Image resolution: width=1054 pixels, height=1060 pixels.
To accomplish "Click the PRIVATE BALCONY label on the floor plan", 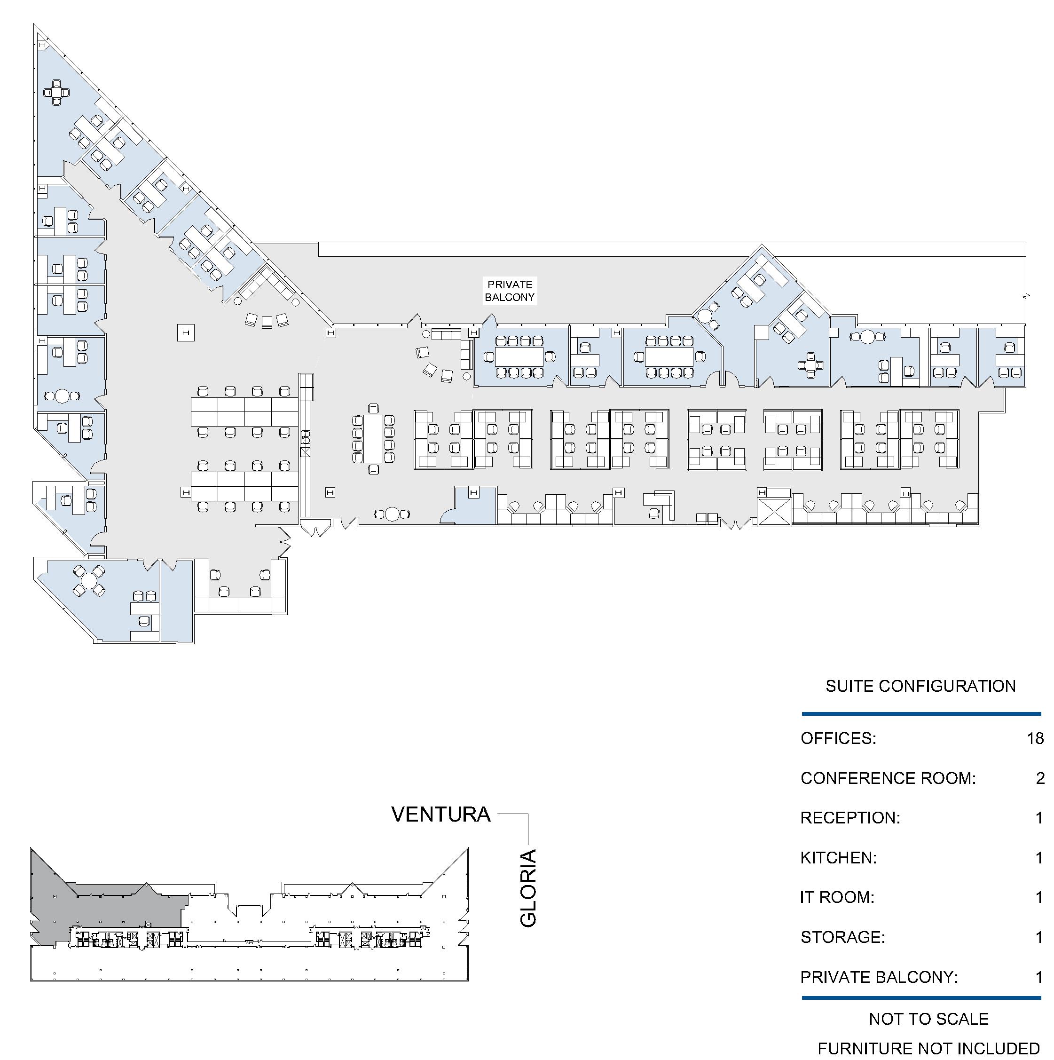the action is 510,291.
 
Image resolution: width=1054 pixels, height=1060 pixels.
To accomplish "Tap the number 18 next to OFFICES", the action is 1035,738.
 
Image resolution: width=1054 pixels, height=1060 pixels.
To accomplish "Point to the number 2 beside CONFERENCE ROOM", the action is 1040,778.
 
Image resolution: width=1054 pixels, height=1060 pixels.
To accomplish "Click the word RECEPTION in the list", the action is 850,818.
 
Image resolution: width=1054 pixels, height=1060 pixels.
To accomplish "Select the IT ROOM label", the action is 837,897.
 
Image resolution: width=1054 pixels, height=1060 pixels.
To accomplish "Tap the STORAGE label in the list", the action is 843,937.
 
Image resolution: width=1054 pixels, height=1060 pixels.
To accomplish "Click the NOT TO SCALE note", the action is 929,1019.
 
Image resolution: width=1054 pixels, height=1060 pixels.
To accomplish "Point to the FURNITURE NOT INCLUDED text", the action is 929,1049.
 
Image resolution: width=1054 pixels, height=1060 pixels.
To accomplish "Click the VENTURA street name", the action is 441,814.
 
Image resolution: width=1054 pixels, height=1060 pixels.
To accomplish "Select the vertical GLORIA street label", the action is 527,888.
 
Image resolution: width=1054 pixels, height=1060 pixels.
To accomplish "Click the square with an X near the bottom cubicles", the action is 774,512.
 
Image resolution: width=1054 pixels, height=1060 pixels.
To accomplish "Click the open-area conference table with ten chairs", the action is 373,438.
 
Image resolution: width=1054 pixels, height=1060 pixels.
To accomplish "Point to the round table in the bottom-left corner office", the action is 89,580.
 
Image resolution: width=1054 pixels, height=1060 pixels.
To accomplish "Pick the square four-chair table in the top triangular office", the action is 56,92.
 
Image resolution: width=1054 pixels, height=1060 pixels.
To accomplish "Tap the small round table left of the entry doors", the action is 392,514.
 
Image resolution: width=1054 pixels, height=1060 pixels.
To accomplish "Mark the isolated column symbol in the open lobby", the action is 186,332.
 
